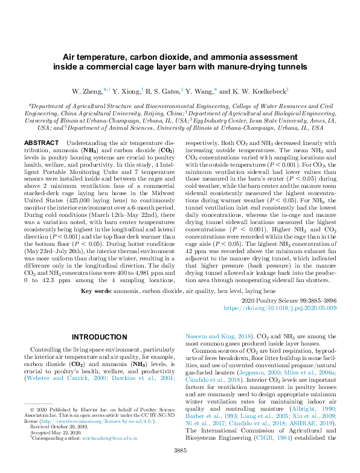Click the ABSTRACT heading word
43,143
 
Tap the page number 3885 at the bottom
179,467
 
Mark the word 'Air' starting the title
72,57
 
